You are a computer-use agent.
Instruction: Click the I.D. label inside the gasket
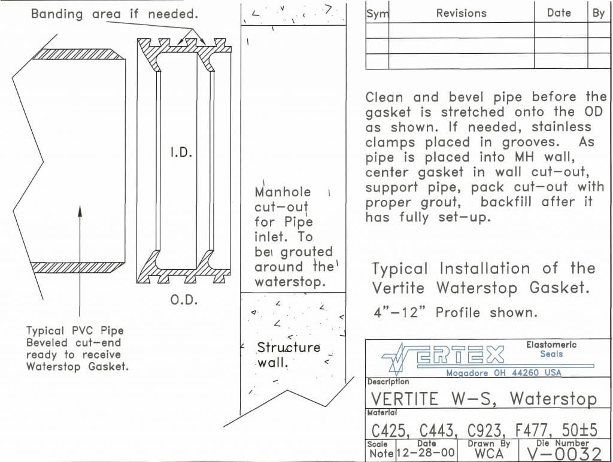(181, 153)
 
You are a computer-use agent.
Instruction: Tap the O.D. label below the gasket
(184, 300)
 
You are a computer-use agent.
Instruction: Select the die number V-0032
(564, 454)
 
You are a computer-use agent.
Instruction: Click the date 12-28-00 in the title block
(426, 453)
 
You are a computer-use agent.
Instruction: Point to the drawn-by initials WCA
(489, 454)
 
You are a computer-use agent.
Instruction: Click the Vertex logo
(443, 355)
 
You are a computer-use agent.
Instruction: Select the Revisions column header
(462, 13)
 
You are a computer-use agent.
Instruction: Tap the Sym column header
(377, 14)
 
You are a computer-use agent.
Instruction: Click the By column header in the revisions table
(599, 13)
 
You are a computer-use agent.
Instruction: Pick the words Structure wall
(289, 355)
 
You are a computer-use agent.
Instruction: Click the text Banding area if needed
(114, 14)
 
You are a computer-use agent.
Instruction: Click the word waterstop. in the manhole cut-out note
(290, 282)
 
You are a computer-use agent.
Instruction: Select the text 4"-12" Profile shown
(456, 312)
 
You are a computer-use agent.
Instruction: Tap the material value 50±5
(579, 430)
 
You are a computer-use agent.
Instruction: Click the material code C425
(390, 431)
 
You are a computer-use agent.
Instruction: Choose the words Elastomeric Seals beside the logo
(551, 349)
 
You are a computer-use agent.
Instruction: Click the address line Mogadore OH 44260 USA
(503, 372)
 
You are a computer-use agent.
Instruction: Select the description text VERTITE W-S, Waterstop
(484, 399)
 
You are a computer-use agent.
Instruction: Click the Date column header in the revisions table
(559, 13)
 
